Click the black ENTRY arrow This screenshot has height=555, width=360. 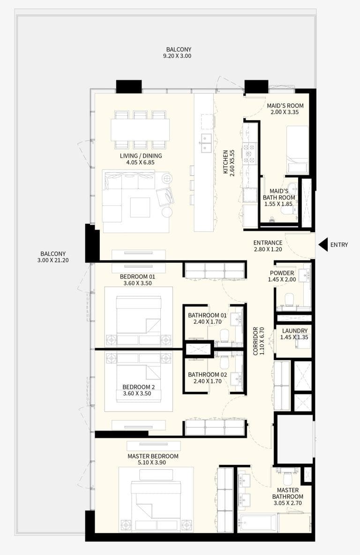pos(323,244)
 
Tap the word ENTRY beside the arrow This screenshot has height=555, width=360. pos(339,245)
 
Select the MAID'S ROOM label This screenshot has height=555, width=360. pos(285,106)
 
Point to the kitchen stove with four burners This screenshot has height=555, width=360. pos(250,153)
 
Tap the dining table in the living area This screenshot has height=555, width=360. pos(140,129)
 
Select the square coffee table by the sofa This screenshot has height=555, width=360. pos(140,207)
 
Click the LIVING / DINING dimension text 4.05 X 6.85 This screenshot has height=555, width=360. pos(140,162)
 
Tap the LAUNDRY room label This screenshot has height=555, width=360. pos(295,331)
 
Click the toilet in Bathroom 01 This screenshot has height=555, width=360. pos(225,334)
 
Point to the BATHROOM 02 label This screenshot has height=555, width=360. pos(207,374)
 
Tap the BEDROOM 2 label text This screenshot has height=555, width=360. pos(138,387)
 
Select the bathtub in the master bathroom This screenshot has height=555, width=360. pos(257,522)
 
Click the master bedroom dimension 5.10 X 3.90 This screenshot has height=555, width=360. pos(153,462)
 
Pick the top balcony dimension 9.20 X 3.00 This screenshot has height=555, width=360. pos(179,56)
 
